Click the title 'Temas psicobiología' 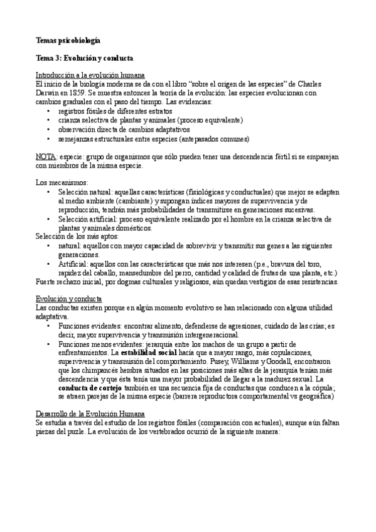(x=68, y=40)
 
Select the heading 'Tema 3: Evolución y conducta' (x=84, y=58)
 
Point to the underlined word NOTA (x=46, y=156)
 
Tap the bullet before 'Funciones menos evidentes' (x=50, y=344)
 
